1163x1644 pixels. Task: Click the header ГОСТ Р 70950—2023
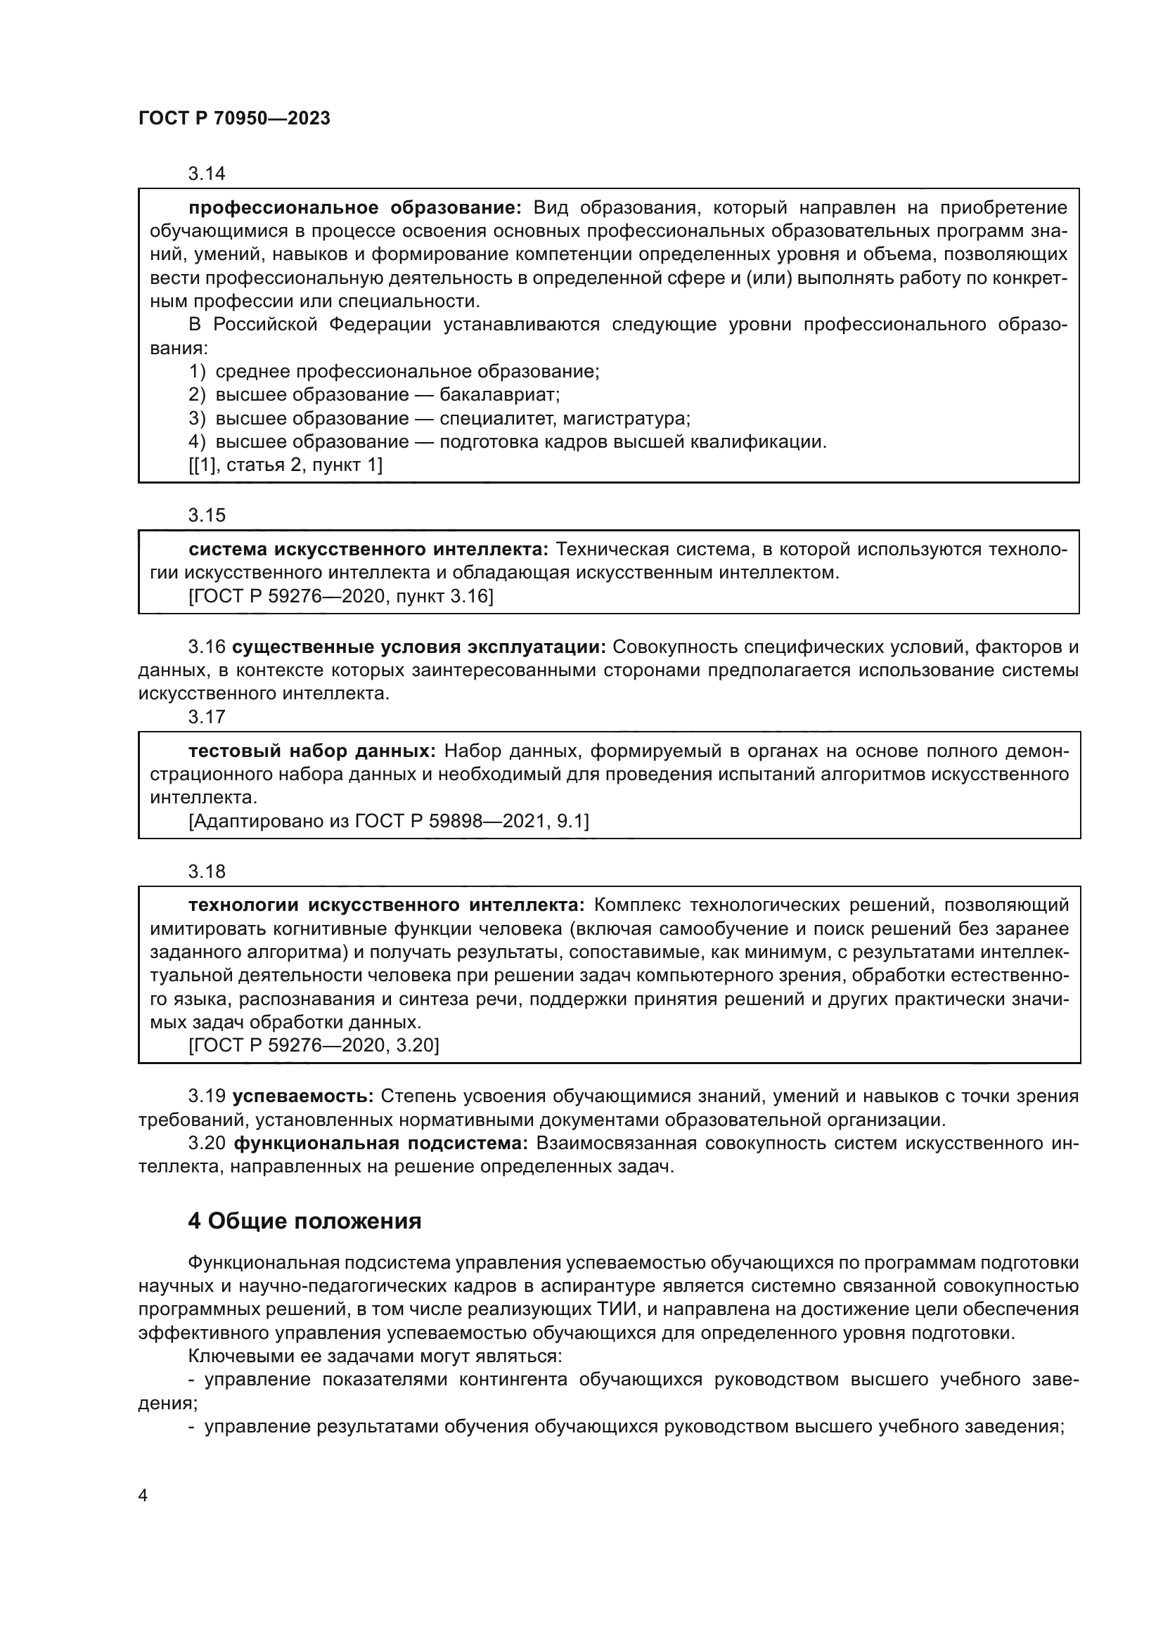[x=234, y=118]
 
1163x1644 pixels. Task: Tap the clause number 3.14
[x=206, y=174]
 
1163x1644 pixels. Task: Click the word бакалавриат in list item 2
[x=499, y=394]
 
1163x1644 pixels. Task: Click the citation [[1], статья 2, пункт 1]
[x=285, y=465]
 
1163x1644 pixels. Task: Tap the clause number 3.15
[x=206, y=514]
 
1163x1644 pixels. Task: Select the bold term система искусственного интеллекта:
[x=368, y=549]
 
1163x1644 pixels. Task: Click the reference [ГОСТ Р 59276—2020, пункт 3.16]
[x=341, y=596]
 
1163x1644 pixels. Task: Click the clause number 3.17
[x=206, y=717]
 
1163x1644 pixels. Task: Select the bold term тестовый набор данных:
[x=311, y=751]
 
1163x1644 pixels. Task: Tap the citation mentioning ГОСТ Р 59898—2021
[x=389, y=820]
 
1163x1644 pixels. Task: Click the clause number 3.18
[x=206, y=872]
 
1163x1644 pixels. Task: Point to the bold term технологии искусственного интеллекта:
[x=387, y=905]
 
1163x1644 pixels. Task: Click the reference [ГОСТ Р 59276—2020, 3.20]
[x=314, y=1045]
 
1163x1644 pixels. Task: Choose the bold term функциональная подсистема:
[x=381, y=1143]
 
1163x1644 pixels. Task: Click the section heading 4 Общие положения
[x=304, y=1221]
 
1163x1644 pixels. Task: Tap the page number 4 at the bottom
[x=143, y=1496]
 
